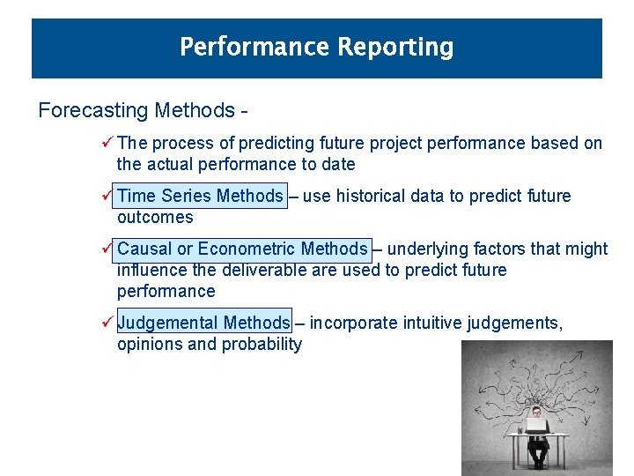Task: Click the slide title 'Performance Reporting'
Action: click(316, 47)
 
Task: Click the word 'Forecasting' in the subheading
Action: click(93, 111)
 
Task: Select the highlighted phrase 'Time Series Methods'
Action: click(200, 196)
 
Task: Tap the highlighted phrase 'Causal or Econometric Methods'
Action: click(242, 249)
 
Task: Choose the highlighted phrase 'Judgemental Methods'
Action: click(203, 323)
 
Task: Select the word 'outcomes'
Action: click(155, 217)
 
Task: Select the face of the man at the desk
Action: click(536, 413)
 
